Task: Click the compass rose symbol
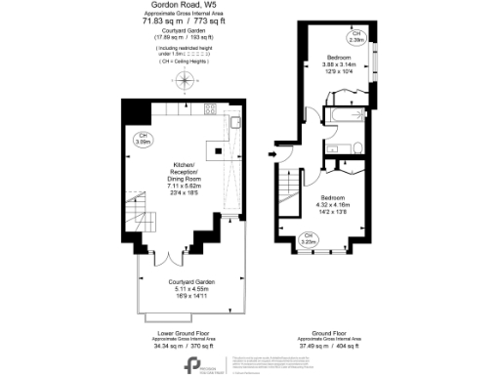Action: tap(184, 82)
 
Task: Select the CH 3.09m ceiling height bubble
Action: tap(144, 138)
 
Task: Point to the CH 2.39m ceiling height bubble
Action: tap(357, 38)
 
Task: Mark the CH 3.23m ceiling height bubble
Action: tap(308, 237)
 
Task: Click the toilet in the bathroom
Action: tap(358, 148)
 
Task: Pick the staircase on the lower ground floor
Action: tap(138, 210)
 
